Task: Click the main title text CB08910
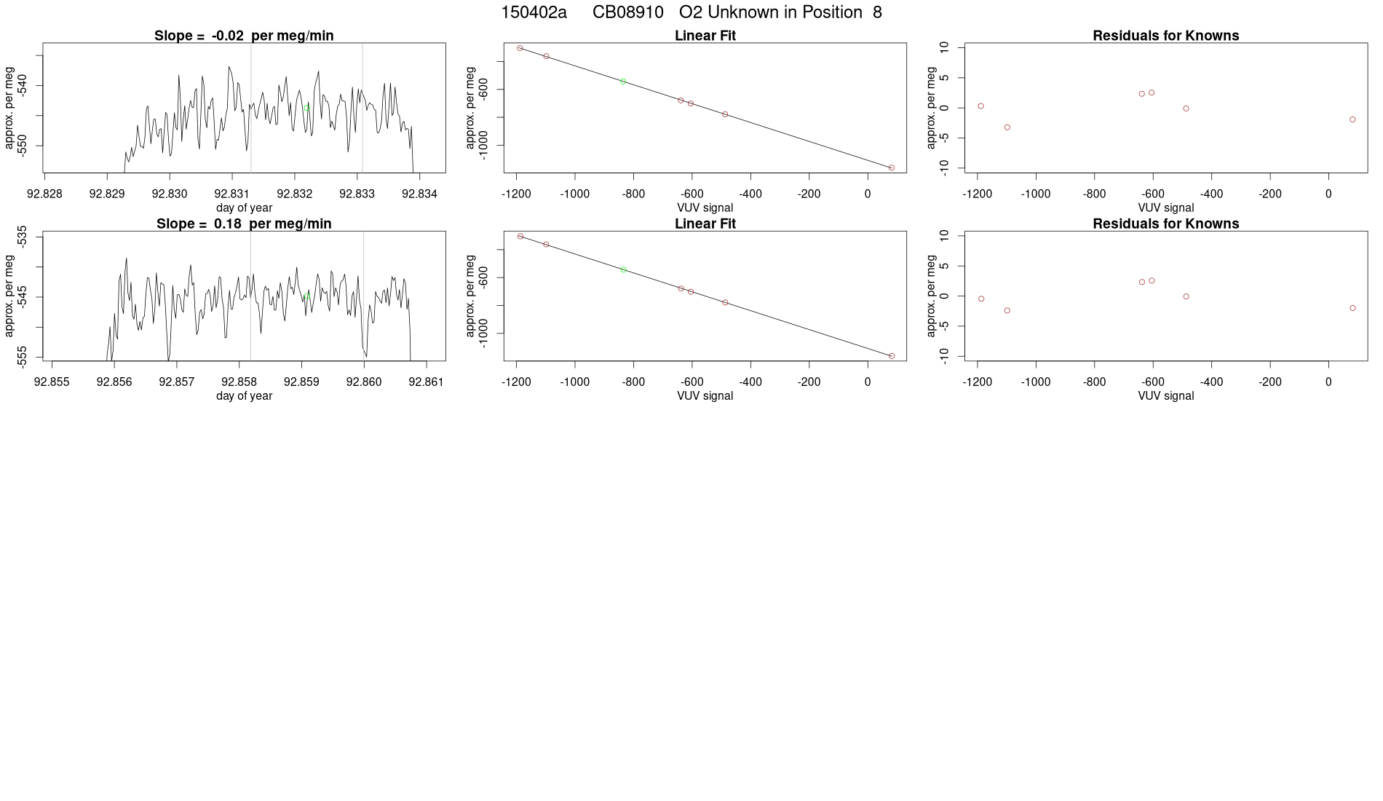point(627,12)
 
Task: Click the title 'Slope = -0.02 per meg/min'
point(244,36)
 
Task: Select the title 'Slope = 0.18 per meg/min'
point(244,224)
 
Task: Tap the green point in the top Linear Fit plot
point(623,82)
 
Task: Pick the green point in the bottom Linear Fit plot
point(624,269)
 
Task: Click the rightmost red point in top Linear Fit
point(892,168)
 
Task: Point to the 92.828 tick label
point(44,194)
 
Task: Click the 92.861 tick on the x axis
point(426,382)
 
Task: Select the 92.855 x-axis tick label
point(52,382)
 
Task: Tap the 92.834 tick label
point(420,194)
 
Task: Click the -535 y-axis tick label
point(23,237)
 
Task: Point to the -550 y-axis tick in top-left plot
point(23,146)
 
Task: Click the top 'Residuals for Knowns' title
point(1165,36)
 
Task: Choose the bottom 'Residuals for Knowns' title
point(1165,224)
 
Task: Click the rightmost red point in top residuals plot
point(1352,119)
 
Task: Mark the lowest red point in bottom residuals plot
point(1007,311)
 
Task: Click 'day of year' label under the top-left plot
point(244,208)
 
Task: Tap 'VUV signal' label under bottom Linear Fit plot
point(705,396)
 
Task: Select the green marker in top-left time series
point(307,108)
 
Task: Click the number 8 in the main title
point(877,12)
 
